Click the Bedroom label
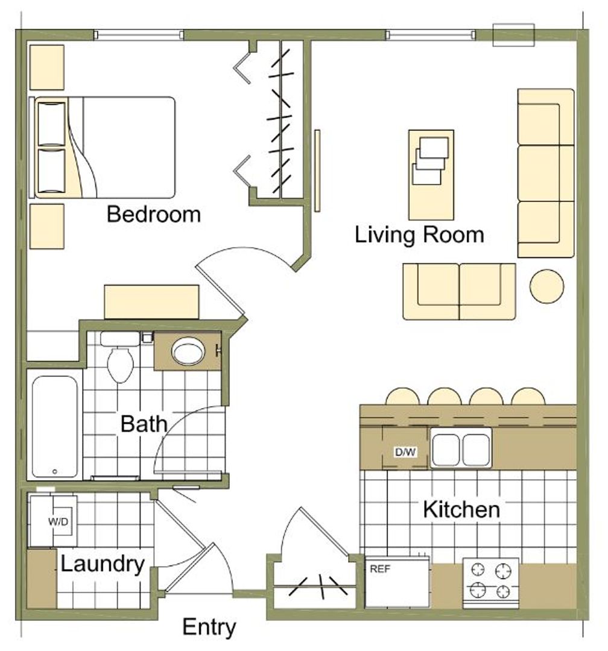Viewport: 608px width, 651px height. [154, 214]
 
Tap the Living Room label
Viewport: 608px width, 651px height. [419, 236]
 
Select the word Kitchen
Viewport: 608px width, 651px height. [461, 509]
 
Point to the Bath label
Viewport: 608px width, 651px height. [144, 424]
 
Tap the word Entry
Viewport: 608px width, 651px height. [209, 627]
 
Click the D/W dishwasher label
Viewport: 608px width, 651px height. [405, 452]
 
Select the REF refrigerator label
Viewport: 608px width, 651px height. [380, 569]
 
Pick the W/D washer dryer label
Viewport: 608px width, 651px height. [58, 521]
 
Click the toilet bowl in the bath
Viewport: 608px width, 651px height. [120, 365]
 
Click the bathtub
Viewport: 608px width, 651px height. [55, 426]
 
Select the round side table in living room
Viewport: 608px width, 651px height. [546, 286]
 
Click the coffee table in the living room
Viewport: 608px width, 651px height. [431, 175]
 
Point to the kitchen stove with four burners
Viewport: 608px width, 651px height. [491, 583]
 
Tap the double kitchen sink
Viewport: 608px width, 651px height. [461, 449]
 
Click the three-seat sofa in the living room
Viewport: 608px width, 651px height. [546, 173]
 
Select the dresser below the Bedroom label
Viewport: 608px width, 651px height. [151, 302]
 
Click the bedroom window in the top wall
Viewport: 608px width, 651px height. [138, 35]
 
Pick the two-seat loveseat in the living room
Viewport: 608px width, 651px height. [459, 292]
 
